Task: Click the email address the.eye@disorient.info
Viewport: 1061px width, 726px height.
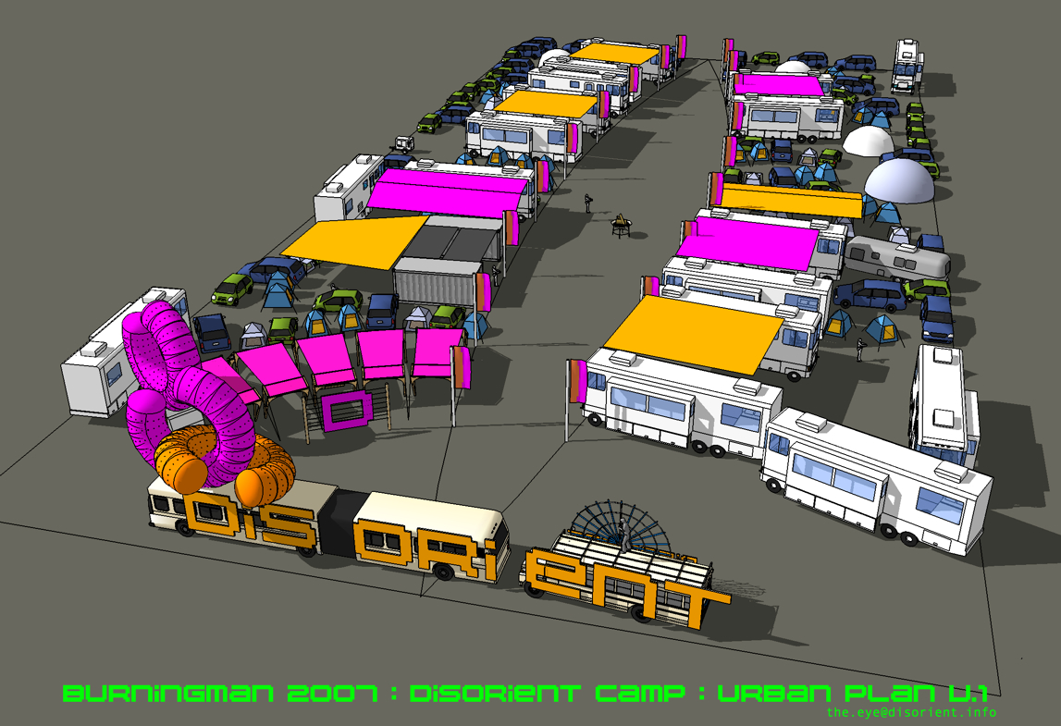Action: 911,712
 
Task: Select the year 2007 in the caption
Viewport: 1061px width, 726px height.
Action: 332,694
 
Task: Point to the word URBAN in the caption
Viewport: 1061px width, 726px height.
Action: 774,694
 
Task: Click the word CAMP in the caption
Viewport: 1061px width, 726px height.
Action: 640,694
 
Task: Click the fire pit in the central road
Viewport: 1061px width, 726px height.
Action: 621,226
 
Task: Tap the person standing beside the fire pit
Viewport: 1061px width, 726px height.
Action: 588,203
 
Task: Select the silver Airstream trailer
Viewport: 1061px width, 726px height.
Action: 897,258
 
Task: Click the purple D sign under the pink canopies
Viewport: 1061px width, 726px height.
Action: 347,410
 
